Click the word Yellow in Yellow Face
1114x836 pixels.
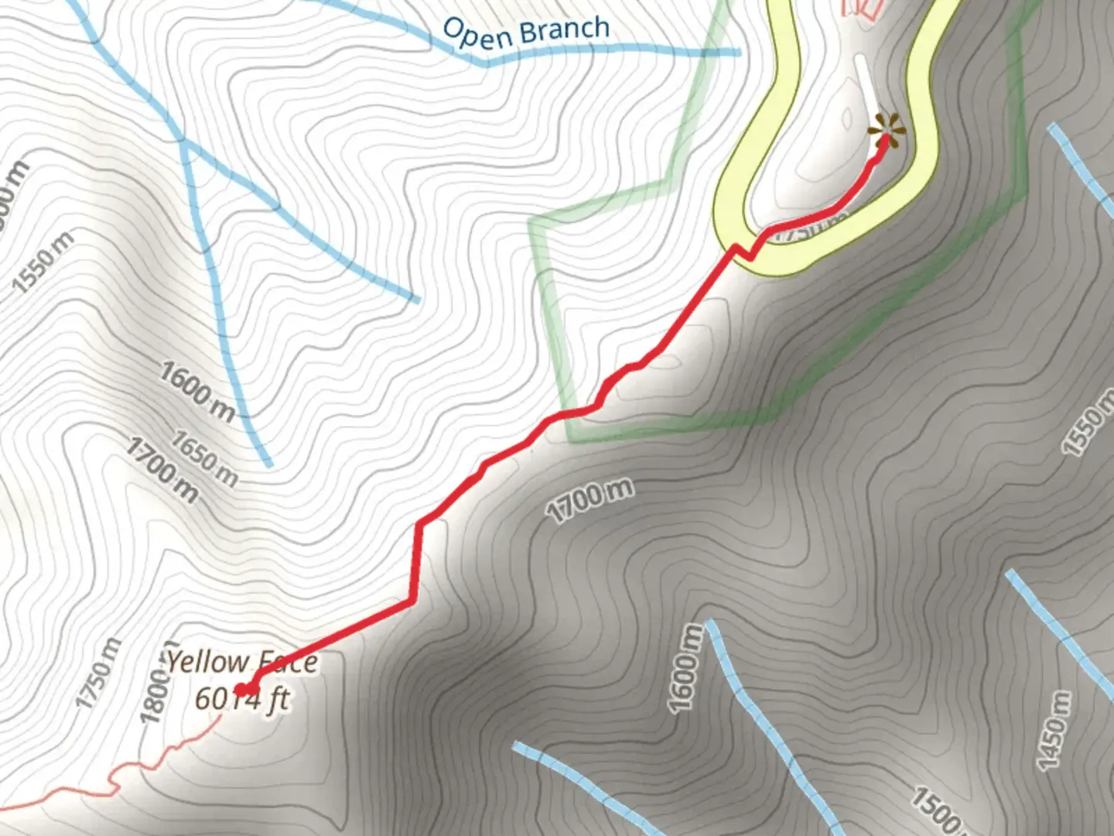click(x=207, y=662)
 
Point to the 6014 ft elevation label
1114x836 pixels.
click(x=241, y=698)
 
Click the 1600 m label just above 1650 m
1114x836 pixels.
click(x=197, y=392)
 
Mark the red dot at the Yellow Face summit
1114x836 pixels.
click(x=241, y=689)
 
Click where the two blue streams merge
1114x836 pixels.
click(x=183, y=142)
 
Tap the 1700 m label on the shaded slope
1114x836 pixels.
click(x=589, y=500)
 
